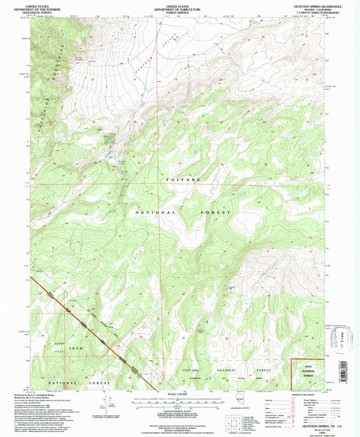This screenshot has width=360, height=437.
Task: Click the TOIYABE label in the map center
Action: point(180,182)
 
